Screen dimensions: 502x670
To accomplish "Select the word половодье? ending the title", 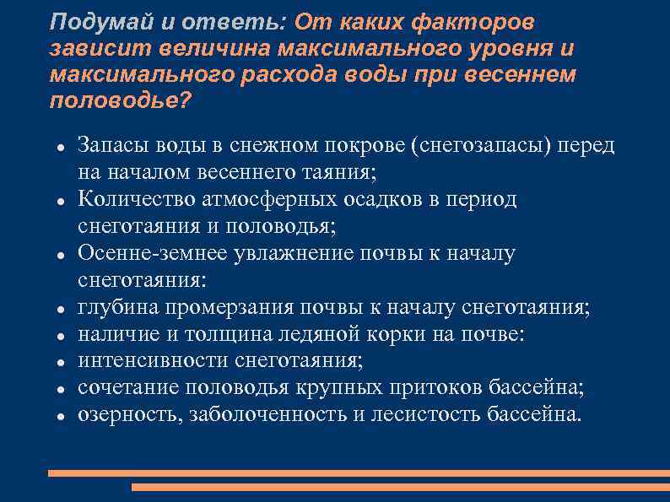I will coord(121,100).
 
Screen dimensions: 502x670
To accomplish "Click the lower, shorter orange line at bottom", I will coord(400,487).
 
